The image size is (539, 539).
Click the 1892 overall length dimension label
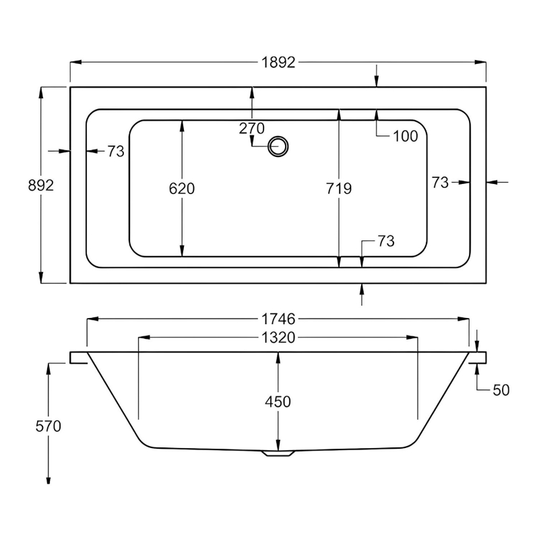tap(278, 63)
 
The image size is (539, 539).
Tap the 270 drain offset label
tap(252, 129)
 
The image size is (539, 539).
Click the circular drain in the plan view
tap(278, 146)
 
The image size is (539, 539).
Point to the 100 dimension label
tap(405, 136)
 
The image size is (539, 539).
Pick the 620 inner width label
tap(181, 189)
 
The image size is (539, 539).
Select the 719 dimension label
tap(338, 189)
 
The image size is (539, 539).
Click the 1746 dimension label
tap(278, 319)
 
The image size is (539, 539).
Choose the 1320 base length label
tap(278, 338)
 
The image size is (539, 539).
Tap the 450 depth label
tap(278, 402)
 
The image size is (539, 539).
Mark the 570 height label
tap(48, 426)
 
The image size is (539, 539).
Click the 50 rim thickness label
tap(500, 390)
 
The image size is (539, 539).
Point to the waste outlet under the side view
tap(278, 453)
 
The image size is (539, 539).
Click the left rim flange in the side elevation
tap(79, 357)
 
